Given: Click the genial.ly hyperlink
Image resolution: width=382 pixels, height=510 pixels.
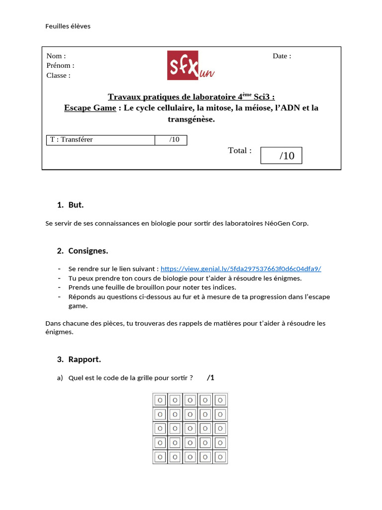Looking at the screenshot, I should click(x=241, y=268).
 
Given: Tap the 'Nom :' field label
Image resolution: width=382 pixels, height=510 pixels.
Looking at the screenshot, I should click(x=56, y=56).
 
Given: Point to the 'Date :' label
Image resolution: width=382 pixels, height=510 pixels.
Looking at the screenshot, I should click(x=282, y=56).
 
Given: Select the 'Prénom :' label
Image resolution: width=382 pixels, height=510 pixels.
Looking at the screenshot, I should click(x=60, y=65).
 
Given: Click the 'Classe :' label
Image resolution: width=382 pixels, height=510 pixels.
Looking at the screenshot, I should click(x=58, y=75).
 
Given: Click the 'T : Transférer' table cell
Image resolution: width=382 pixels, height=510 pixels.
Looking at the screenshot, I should click(x=72, y=139).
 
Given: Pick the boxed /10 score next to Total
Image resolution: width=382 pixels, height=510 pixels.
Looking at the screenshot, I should click(x=281, y=155).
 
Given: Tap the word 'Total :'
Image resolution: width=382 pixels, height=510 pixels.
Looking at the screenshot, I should click(x=240, y=150).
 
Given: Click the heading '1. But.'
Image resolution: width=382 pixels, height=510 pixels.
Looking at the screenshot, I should click(x=71, y=205).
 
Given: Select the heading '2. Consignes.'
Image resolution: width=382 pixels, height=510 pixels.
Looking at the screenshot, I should click(x=83, y=251).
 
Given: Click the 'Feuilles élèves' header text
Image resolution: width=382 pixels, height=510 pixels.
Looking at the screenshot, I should click(x=68, y=26).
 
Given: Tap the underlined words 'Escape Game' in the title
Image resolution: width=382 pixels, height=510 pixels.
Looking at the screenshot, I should click(x=90, y=108).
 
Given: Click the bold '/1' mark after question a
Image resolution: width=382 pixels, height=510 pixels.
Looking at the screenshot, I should click(x=211, y=378).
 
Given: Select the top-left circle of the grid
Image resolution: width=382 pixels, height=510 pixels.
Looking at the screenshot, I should click(x=160, y=400).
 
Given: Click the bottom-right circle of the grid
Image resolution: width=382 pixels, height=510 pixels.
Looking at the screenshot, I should click(x=220, y=457).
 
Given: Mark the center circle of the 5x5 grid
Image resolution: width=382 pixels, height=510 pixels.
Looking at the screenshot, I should click(x=190, y=428).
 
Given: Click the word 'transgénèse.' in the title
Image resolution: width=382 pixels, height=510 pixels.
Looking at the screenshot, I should click(x=191, y=119).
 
